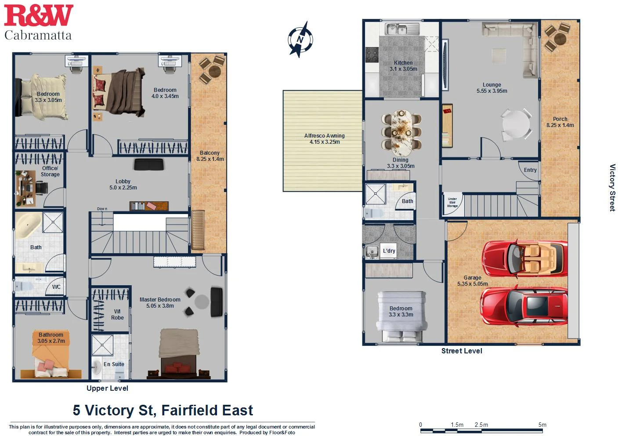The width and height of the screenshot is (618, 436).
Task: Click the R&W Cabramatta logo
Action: pos(38,22)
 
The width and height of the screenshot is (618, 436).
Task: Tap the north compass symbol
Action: pos(300,40)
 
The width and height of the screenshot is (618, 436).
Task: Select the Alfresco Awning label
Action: pos(324,139)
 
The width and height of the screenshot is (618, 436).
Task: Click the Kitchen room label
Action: pos(403,66)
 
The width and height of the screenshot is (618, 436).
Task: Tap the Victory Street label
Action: pos(612,188)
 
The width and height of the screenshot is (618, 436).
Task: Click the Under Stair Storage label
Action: pos(452,203)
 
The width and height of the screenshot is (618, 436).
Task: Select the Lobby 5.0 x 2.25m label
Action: pos(123,185)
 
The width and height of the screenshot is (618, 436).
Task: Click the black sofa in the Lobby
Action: pos(149,164)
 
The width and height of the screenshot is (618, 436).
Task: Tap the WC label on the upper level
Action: pos(56,287)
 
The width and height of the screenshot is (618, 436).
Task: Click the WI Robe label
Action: pos(117,315)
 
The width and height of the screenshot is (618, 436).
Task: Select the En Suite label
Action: pos(114,364)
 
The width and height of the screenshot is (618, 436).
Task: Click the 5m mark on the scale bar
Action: pos(542,425)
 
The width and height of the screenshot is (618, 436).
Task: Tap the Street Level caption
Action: pos(462,351)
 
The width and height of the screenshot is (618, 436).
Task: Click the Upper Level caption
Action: pos(107,388)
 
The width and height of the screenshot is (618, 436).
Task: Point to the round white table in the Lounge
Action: pos(517,125)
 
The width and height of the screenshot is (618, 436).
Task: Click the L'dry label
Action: pos(389,251)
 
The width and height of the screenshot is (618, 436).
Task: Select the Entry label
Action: pos(530,170)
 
